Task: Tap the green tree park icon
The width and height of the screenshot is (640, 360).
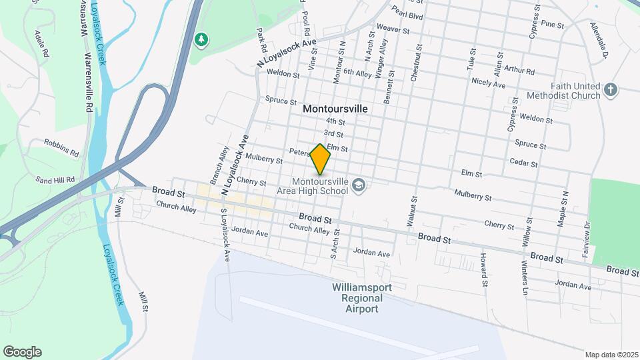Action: pos(201,40)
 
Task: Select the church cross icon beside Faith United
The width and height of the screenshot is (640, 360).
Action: pos(611,89)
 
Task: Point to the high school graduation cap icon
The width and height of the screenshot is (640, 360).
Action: pos(359,185)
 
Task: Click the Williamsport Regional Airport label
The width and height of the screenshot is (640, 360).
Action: pos(361,298)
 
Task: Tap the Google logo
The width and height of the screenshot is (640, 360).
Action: pos(22,352)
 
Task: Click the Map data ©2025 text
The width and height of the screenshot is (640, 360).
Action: pos(612,355)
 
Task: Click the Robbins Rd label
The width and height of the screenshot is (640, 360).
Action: pos(61,147)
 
